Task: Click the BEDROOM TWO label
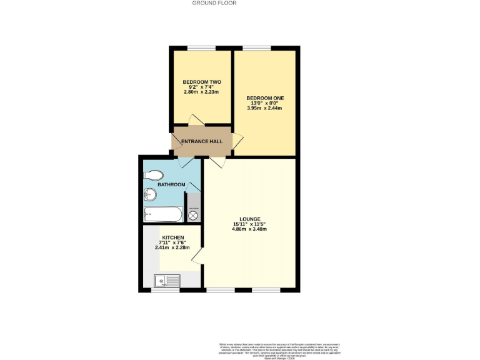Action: [202, 82]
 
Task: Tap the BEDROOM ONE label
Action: [264, 97]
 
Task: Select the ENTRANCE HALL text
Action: [201, 142]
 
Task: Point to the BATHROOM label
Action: [171, 184]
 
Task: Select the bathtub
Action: [162, 216]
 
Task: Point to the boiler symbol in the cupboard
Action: [193, 215]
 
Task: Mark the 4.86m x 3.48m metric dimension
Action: [250, 229]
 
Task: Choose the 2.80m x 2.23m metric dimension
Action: [202, 92]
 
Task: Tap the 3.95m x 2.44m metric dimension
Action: [264, 108]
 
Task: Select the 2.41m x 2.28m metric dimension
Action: [172, 248]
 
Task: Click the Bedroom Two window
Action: [201, 48]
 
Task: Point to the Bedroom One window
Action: [256, 48]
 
